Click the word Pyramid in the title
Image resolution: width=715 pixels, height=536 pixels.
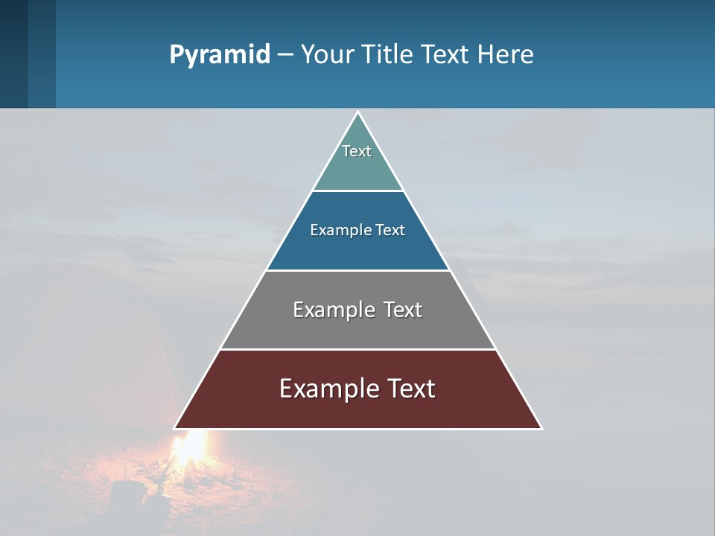click(x=219, y=55)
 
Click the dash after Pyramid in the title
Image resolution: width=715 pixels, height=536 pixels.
click(x=285, y=55)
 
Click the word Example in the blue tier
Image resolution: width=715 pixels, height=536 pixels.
click(x=336, y=230)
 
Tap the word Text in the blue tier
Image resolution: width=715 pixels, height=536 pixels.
click(x=390, y=230)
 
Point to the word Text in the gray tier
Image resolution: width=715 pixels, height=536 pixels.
click(x=403, y=310)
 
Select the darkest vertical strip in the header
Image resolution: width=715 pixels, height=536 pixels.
click(x=13, y=54)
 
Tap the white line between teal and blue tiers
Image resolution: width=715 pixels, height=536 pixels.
click(x=357, y=191)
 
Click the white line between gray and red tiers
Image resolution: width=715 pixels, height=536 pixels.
click(x=357, y=349)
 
